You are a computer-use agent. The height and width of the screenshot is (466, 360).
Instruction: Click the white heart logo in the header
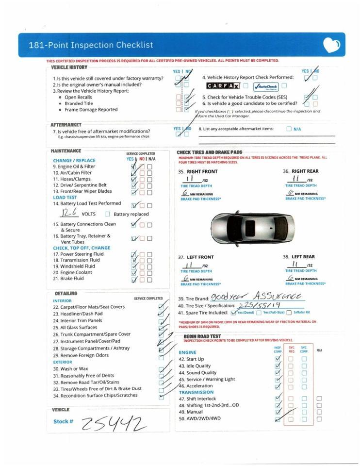pos(331,46)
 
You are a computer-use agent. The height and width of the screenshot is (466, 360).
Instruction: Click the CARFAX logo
pos(223,86)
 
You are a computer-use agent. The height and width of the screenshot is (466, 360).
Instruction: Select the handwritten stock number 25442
pos(114,424)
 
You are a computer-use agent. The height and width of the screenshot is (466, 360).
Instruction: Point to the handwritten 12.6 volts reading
pos(69,213)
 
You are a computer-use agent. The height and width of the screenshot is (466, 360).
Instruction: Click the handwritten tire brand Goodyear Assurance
pos(255,297)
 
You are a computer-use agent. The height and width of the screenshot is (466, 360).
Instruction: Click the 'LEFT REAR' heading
pos(303,257)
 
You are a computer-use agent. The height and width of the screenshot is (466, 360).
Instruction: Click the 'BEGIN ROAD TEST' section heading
pos(202,336)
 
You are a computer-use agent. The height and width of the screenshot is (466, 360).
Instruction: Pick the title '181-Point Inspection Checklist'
pos(91,45)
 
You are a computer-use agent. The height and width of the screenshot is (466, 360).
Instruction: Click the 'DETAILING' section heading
pos(65,294)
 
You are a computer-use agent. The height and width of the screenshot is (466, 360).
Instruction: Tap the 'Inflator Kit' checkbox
pos(289,313)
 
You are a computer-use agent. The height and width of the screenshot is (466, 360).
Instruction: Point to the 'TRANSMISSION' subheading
pos(196,392)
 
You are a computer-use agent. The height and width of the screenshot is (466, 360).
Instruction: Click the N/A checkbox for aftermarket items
pos(289,129)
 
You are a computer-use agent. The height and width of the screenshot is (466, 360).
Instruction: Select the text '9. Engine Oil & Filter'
pos(74,166)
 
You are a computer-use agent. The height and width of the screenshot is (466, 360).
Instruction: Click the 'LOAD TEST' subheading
pos(65,198)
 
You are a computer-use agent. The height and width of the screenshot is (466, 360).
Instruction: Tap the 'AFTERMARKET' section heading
pos(66,125)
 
